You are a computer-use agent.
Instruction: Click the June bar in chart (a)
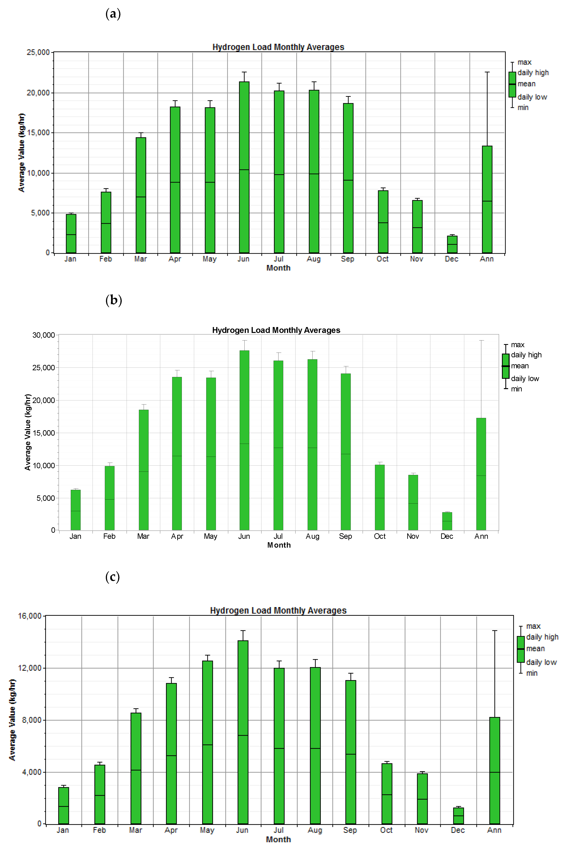244,167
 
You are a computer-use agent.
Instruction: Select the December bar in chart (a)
452,245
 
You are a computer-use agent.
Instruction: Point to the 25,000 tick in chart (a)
38,53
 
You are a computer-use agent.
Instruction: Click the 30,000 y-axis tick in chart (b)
44,335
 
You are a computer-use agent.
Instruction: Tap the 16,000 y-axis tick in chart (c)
30,616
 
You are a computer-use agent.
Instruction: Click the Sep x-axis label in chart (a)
347,259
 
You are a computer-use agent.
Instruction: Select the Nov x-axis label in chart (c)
421,830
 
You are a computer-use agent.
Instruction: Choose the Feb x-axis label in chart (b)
109,536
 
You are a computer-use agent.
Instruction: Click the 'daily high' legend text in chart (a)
533,73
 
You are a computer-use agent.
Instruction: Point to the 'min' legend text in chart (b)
516,389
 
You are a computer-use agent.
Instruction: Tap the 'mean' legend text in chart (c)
536,649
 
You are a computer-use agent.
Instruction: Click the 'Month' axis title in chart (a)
278,268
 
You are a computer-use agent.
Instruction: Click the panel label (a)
113,14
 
